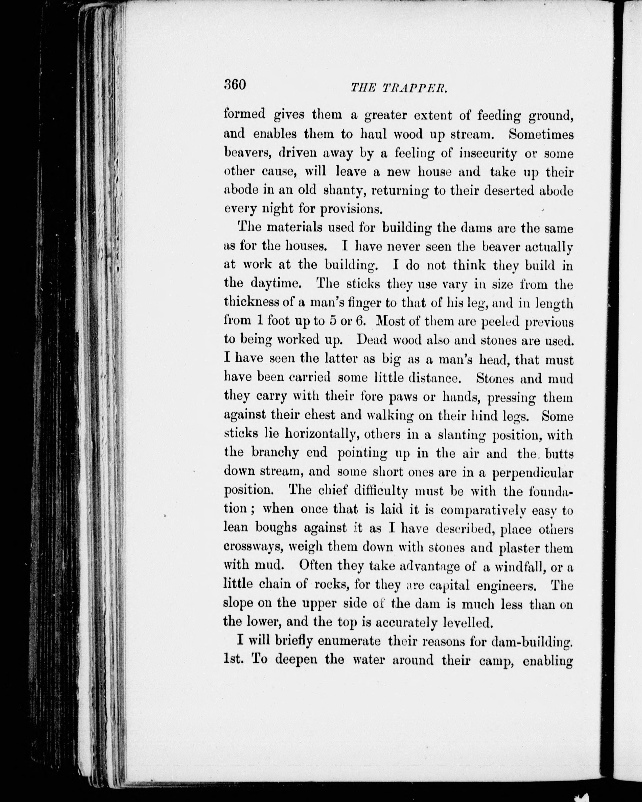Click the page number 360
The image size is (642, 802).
(235, 85)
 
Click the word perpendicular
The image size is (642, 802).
(533, 473)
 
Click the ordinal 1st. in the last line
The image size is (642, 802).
(234, 660)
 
